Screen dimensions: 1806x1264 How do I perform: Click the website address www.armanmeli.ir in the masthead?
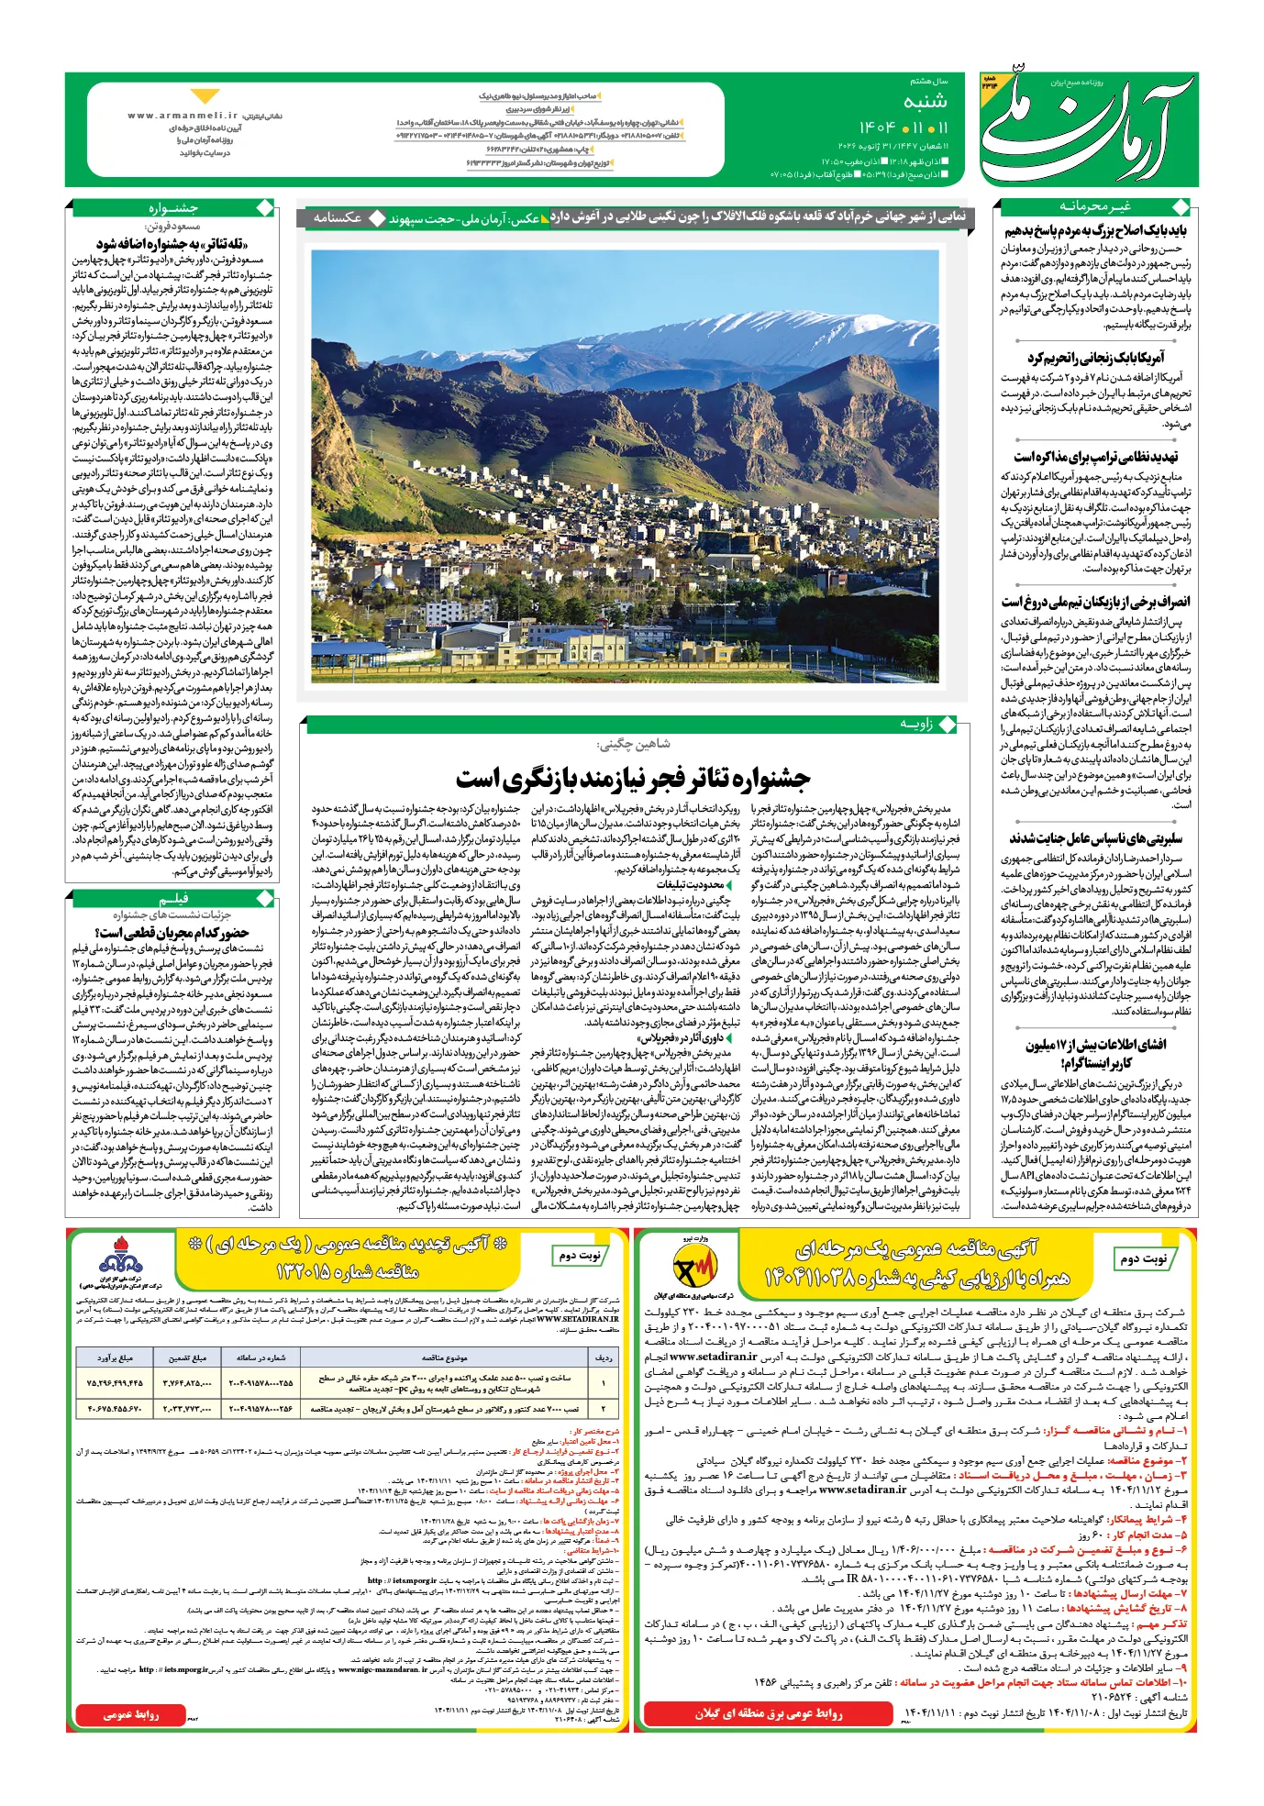183,116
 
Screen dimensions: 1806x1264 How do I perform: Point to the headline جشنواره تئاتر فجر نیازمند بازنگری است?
633,780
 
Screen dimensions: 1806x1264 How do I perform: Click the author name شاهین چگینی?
633,744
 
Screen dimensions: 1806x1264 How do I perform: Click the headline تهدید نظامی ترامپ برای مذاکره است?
1095,456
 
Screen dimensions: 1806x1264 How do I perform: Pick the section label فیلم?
173,898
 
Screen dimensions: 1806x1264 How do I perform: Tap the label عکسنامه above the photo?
337,217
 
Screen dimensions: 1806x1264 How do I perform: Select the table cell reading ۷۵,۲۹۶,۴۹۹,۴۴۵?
116,1382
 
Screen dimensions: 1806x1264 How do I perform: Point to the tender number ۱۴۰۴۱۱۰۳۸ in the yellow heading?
821,1278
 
